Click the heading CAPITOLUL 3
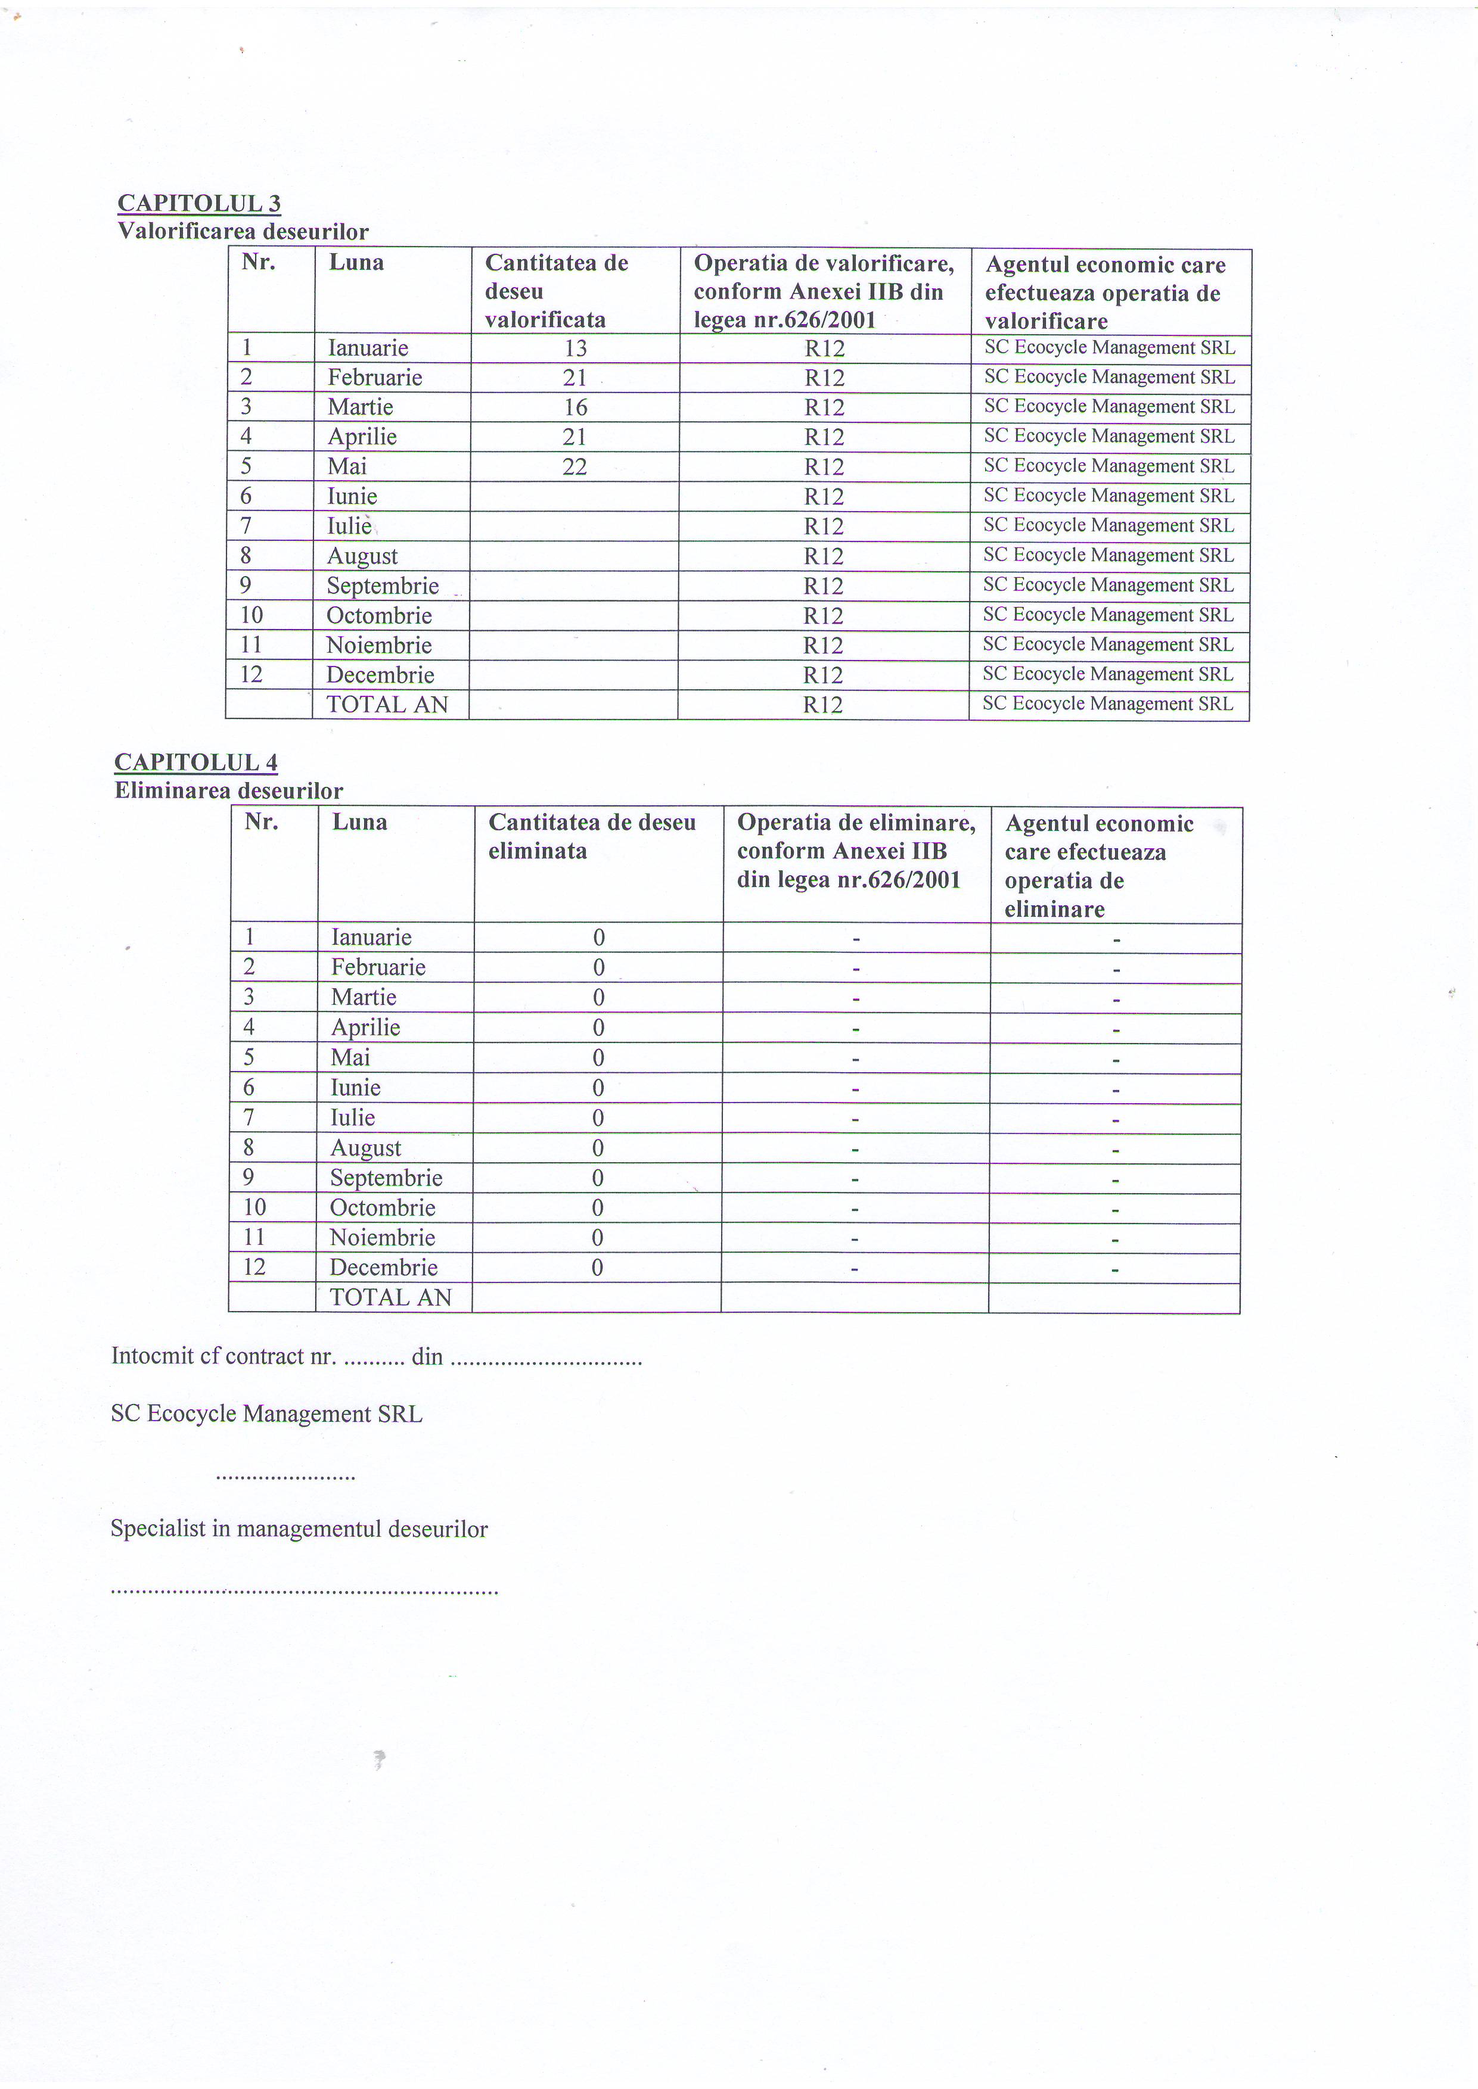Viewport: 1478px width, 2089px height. coord(199,203)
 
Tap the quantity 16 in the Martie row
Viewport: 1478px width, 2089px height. coord(575,407)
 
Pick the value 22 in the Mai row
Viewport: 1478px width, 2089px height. coord(575,467)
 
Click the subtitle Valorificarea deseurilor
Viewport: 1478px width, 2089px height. coord(243,232)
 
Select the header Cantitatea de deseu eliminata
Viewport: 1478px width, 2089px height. coord(592,837)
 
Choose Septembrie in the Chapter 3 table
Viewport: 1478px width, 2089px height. coord(382,586)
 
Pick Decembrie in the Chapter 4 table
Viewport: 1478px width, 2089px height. coord(383,1268)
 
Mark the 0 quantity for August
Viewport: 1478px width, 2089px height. coord(598,1148)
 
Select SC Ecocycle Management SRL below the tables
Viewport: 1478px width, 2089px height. coord(266,1414)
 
